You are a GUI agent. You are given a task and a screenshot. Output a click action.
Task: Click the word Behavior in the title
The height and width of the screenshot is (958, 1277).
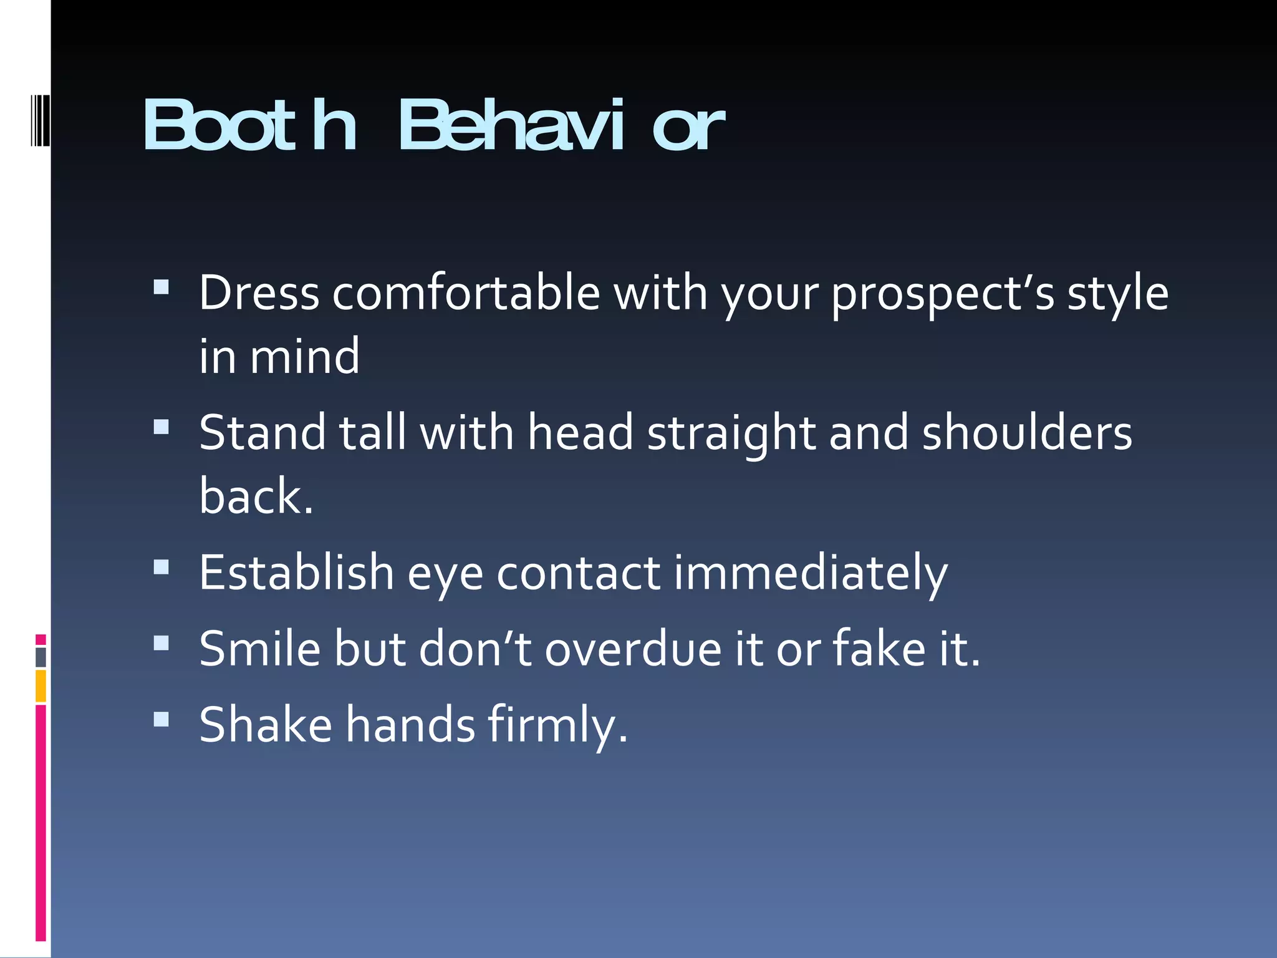click(561, 127)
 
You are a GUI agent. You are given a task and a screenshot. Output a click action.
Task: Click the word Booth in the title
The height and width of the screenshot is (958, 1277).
click(249, 127)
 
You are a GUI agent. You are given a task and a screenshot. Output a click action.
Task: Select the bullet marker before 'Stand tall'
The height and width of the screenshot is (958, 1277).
click(161, 427)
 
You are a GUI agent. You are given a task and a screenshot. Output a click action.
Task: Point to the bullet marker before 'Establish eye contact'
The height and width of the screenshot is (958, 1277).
click(161, 566)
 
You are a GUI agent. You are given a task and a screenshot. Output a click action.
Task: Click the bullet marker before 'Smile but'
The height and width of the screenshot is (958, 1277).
click(161, 643)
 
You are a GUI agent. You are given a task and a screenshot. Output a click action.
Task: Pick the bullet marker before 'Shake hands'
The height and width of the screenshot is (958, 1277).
click(161, 719)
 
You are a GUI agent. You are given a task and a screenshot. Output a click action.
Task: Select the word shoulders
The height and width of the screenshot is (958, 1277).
click(1027, 433)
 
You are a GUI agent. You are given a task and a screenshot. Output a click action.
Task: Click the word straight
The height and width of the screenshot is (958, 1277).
click(731, 433)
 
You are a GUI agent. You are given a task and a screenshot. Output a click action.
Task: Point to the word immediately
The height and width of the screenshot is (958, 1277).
click(811, 573)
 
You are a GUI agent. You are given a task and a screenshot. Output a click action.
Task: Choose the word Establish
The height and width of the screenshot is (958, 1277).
click(296, 573)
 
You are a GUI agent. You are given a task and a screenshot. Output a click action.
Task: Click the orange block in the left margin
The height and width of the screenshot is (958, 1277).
click(41, 686)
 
